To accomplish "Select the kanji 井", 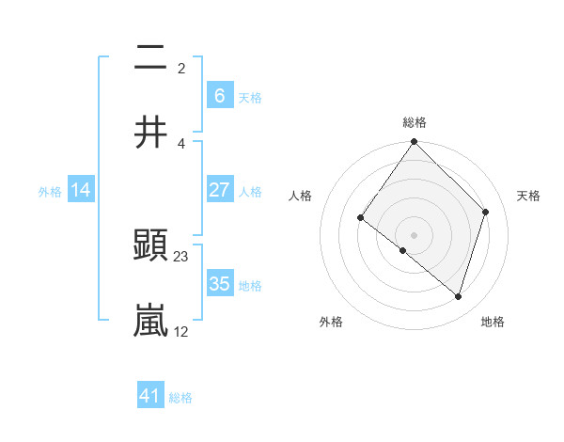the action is [151, 133].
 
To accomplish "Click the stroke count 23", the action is [181, 256].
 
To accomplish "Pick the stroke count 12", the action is [181, 331].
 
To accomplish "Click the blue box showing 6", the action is [219, 96].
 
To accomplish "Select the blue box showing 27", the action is [219, 190].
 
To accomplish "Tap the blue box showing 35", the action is [219, 284].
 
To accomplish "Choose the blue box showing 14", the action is [81, 190].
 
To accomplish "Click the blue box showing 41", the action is [150, 396].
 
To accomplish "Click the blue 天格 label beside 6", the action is [250, 98].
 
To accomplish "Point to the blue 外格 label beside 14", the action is [50, 192].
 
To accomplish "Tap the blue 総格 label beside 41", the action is [180, 398].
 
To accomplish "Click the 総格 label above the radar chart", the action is [415, 122].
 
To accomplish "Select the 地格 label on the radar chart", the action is [493, 322].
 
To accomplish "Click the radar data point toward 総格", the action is [414, 143].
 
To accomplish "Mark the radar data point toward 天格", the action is [486, 212].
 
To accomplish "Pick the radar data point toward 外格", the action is [403, 250].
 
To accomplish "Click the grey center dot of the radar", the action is [414, 235].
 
